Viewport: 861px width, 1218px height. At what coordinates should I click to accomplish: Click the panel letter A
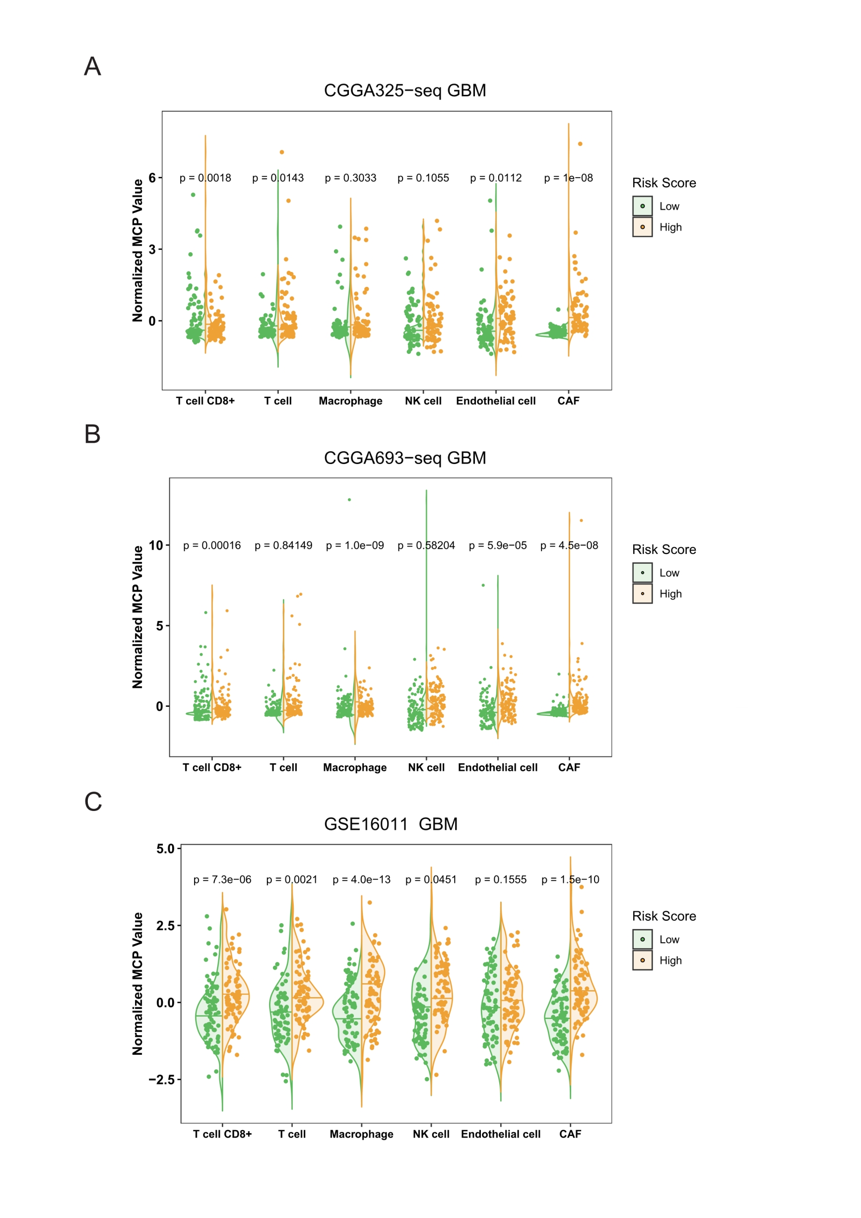pos(92,67)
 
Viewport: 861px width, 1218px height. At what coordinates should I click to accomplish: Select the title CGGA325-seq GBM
pos(404,91)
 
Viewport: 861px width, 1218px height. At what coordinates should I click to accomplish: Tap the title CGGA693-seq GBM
pos(404,458)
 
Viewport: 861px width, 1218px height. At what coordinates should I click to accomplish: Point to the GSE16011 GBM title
pos(391,824)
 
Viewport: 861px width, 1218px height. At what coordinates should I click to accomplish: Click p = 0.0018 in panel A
pos(205,178)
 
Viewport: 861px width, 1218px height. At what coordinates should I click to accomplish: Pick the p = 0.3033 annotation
pos(350,178)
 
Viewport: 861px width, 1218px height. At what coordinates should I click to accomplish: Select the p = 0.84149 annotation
pos(283,545)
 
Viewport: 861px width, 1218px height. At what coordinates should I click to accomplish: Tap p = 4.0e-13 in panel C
pos(361,880)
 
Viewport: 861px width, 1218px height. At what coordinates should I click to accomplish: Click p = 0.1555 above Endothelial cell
pos(500,880)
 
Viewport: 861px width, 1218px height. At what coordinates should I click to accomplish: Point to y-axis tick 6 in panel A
pos(152,178)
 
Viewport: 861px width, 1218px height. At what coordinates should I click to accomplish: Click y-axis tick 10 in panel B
pos(156,545)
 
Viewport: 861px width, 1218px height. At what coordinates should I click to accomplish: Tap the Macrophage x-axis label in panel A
pos(350,401)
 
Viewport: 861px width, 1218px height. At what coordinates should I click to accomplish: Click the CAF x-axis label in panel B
pos(569,768)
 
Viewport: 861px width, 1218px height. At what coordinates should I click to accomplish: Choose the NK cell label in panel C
pos(431,1134)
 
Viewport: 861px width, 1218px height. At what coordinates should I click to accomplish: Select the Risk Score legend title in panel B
pos(663,549)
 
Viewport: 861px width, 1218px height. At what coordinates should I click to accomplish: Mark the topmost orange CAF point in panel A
pos(580,144)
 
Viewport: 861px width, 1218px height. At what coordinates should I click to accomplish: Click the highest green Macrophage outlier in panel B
pos(349,500)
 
